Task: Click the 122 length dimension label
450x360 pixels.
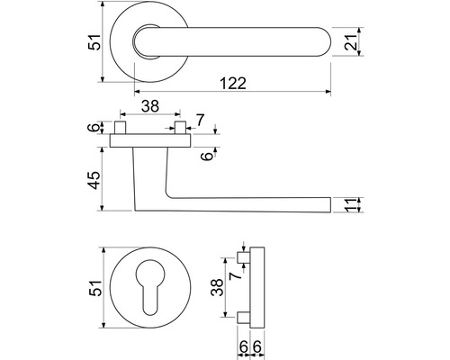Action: (x=233, y=83)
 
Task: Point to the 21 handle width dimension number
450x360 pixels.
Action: (x=351, y=42)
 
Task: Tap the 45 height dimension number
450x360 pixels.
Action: (x=94, y=180)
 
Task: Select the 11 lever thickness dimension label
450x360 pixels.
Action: (x=351, y=205)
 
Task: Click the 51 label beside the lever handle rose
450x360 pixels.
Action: (x=94, y=42)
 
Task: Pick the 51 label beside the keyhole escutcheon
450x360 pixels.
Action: (x=95, y=288)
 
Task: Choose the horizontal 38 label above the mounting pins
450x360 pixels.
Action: (x=150, y=106)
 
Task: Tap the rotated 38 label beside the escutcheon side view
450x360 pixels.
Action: (x=217, y=287)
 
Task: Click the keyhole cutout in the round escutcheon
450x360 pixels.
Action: (x=150, y=284)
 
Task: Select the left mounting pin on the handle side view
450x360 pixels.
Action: (x=120, y=128)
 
